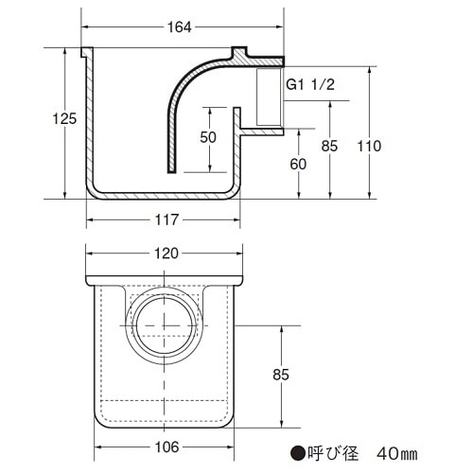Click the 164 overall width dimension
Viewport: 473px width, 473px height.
click(179, 27)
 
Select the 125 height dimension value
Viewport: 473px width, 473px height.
click(64, 119)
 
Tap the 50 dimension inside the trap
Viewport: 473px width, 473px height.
click(208, 137)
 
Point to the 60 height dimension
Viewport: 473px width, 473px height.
click(298, 165)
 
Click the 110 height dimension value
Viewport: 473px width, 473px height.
click(369, 146)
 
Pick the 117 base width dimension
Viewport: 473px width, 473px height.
click(166, 219)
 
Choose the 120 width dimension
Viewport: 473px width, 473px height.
click(166, 254)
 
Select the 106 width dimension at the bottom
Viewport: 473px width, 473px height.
click(166, 447)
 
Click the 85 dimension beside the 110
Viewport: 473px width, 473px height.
click(329, 146)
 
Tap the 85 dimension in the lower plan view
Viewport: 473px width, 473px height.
click(281, 375)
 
